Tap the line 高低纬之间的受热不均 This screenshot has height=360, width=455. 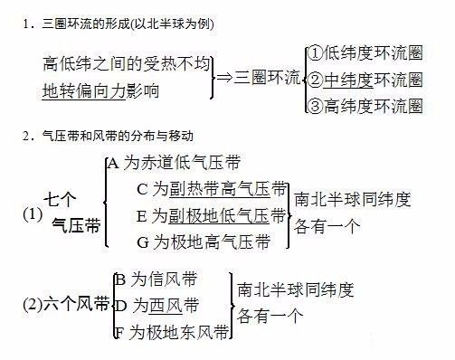pos(127,65)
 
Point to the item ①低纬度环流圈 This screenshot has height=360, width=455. pos(365,53)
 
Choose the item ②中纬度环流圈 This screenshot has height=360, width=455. pos(365,80)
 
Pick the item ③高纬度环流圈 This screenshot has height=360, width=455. pos(365,106)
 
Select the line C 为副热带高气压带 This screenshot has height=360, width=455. pos(210,190)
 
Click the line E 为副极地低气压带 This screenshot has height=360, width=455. pos(210,216)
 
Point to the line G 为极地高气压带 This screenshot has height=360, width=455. pos(202,242)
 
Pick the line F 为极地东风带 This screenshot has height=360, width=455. pos(171,331)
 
